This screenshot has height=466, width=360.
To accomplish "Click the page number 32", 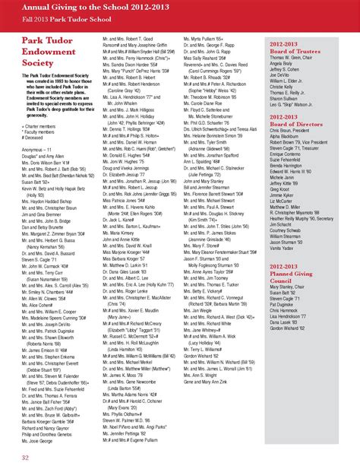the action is coord(25,458).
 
